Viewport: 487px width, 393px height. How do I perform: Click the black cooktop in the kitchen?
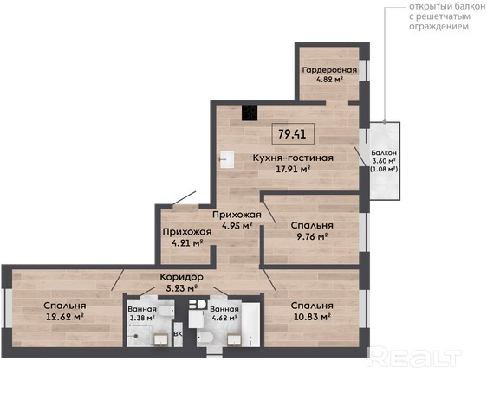(250, 113)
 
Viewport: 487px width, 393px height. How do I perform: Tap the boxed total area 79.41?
(293, 133)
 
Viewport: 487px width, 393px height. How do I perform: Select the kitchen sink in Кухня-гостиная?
(227, 159)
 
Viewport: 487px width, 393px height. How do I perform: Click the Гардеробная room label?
(329, 70)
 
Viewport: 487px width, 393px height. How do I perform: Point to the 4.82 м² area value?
(329, 80)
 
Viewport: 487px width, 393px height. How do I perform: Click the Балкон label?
(384, 153)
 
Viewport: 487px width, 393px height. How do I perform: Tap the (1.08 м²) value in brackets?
(384, 169)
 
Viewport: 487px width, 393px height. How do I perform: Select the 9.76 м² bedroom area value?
(313, 236)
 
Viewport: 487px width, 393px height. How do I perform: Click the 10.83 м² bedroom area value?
(312, 317)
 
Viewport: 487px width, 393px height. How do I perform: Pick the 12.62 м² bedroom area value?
(65, 317)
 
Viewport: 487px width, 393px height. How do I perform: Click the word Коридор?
(182, 276)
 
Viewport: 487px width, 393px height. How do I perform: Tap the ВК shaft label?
(178, 334)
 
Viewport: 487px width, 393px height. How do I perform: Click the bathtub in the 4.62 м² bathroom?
(250, 325)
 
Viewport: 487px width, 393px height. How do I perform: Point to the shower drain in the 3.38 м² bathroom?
(136, 336)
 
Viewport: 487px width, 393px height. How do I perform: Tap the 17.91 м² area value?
(294, 169)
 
